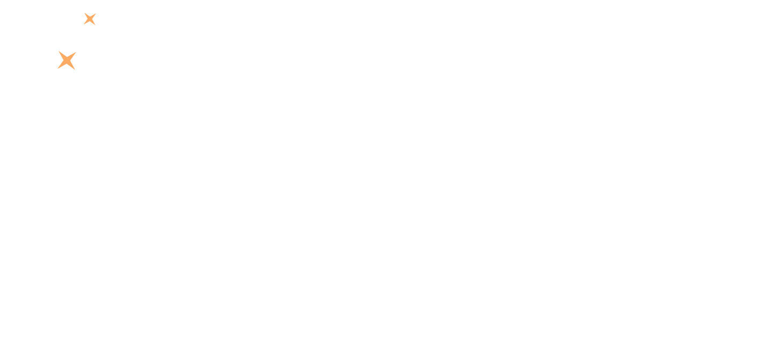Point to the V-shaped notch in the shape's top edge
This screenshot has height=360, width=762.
67,55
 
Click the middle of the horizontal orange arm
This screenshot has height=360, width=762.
30,58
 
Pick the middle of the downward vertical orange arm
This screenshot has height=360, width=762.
89,97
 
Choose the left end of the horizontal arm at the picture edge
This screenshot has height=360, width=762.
1,58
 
